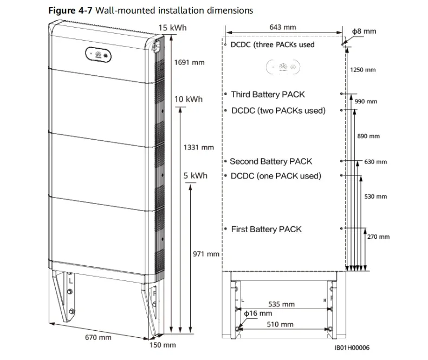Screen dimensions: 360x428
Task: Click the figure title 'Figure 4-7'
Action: click(x=66, y=10)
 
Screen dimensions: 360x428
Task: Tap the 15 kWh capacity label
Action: click(x=172, y=28)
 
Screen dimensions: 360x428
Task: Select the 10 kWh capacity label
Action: click(x=188, y=99)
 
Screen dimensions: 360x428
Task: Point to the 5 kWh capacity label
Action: click(x=196, y=176)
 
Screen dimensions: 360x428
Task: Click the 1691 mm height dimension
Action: click(x=190, y=63)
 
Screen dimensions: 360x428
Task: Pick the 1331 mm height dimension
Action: click(x=199, y=147)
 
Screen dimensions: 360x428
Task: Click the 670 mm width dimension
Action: click(x=98, y=337)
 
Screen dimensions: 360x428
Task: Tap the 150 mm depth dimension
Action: click(x=163, y=344)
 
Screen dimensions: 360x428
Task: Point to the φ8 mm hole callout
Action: click(x=364, y=31)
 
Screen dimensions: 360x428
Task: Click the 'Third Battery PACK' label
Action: click(x=268, y=94)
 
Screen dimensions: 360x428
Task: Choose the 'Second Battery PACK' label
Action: click(x=271, y=161)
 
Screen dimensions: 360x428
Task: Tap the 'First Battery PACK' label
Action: click(x=266, y=229)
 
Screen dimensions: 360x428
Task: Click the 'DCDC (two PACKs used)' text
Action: click(x=278, y=110)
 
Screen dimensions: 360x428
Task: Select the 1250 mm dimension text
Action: click(x=363, y=70)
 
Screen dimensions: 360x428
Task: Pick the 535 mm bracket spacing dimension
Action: click(x=282, y=304)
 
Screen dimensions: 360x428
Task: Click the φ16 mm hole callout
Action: click(x=258, y=313)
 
